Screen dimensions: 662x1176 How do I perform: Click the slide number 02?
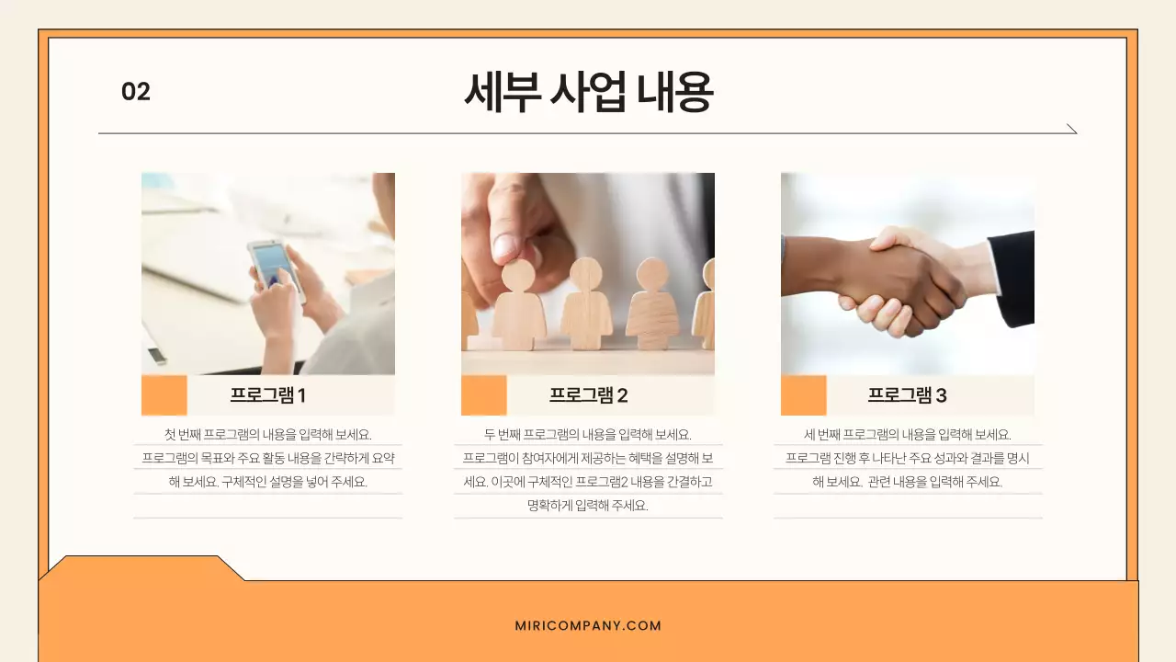[136, 92]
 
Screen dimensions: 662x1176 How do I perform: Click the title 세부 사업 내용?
[588, 92]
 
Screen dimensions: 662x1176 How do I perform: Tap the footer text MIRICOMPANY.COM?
[588, 626]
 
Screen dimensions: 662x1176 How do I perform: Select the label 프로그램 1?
[267, 395]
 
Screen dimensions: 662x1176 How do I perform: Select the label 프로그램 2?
[588, 395]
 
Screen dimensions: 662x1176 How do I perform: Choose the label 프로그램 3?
[907, 395]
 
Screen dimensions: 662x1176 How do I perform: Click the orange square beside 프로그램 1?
[164, 395]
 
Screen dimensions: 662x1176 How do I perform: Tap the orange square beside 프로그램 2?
[483, 395]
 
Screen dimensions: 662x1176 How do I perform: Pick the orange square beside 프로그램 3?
[803, 395]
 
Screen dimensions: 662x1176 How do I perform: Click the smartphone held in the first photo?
[274, 267]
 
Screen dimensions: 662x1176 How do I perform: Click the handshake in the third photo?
[905, 280]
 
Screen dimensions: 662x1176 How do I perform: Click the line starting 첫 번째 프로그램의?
[267, 435]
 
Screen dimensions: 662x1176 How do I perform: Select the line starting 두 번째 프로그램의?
[588, 435]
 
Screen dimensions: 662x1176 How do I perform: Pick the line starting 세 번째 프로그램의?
[907, 435]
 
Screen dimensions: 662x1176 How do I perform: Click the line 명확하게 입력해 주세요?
[588, 506]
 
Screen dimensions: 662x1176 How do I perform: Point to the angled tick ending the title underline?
[1071, 129]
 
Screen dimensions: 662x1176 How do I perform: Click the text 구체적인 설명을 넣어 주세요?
[294, 482]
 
